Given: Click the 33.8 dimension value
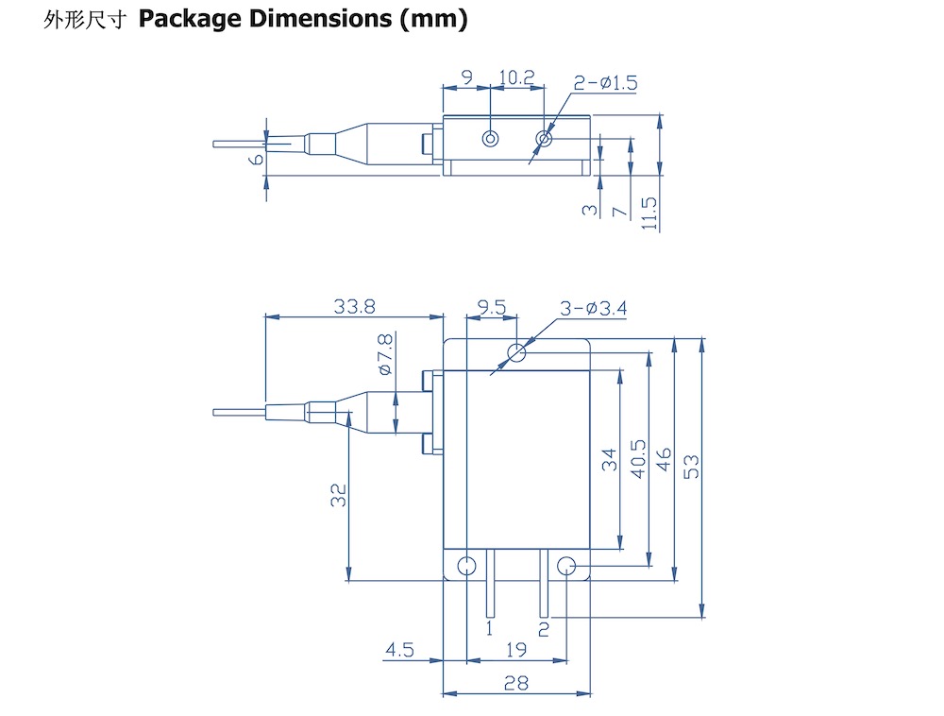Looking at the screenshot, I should pyautogui.click(x=355, y=306).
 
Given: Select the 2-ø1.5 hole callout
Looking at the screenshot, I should pyautogui.click(x=605, y=83).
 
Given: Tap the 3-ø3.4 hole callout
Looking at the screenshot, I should pyautogui.click(x=594, y=308).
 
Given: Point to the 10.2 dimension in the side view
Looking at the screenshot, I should pyautogui.click(x=516, y=77).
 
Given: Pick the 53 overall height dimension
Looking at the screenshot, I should pyautogui.click(x=691, y=466).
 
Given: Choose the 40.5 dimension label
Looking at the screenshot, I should pyautogui.click(x=637, y=459).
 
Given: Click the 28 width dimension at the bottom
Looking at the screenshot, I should pyautogui.click(x=515, y=683).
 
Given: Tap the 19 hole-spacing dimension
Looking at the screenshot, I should pyautogui.click(x=515, y=649).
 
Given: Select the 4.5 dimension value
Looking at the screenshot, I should pyautogui.click(x=399, y=649).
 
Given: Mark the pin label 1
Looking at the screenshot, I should pyautogui.click(x=489, y=627).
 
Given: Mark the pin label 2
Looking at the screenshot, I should pyautogui.click(x=543, y=627).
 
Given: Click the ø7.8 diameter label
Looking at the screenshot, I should pyautogui.click(x=385, y=354).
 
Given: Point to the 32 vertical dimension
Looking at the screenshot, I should pyautogui.click(x=338, y=495).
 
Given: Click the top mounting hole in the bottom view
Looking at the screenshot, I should pyautogui.click(x=516, y=353).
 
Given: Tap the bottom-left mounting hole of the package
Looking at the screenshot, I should pyautogui.click(x=466, y=567).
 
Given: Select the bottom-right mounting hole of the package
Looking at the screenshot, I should pyautogui.click(x=566, y=567).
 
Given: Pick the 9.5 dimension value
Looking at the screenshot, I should pyautogui.click(x=492, y=306).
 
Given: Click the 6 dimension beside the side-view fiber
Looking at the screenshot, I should pyautogui.click(x=254, y=160).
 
